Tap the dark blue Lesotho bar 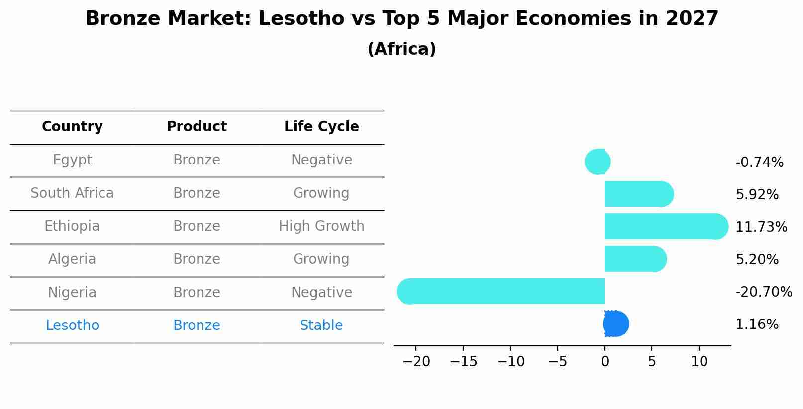click(616, 324)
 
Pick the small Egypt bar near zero click(598, 162)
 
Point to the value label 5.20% click(757, 259)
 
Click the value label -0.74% click(759, 162)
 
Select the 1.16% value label click(757, 325)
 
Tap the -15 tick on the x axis click(463, 362)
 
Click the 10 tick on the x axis click(699, 362)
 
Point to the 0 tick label click(605, 362)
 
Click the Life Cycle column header click(321, 127)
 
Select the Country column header click(72, 127)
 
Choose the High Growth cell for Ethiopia click(321, 226)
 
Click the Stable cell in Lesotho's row click(321, 326)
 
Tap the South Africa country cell click(72, 193)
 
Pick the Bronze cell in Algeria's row click(197, 259)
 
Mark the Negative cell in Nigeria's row click(321, 292)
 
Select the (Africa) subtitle click(401, 49)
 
